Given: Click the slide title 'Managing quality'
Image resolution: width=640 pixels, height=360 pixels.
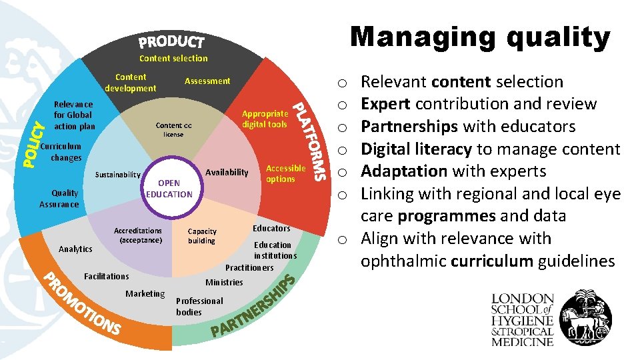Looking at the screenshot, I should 480,37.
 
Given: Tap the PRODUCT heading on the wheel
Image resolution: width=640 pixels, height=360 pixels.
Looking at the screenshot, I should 171,42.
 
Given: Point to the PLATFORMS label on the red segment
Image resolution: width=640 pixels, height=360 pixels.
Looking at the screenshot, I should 311,141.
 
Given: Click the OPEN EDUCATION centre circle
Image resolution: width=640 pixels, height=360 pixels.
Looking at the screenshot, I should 169,189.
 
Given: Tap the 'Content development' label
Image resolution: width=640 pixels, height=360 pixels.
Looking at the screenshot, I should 131,83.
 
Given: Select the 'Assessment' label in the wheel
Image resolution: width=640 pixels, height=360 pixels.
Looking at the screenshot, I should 207,81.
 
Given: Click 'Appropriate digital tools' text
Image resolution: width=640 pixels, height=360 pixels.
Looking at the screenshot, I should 265,119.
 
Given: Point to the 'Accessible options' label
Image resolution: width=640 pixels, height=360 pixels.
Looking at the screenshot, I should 285,173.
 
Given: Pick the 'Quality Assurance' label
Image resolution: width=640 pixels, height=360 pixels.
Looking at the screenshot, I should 59,199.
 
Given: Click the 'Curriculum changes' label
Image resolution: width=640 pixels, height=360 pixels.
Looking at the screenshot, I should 62,152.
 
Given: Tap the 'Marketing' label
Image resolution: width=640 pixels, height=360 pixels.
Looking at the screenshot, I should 145,294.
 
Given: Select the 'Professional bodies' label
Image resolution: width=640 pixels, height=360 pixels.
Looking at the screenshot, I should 199,306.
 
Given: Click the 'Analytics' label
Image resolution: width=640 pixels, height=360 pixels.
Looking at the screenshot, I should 75,249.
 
